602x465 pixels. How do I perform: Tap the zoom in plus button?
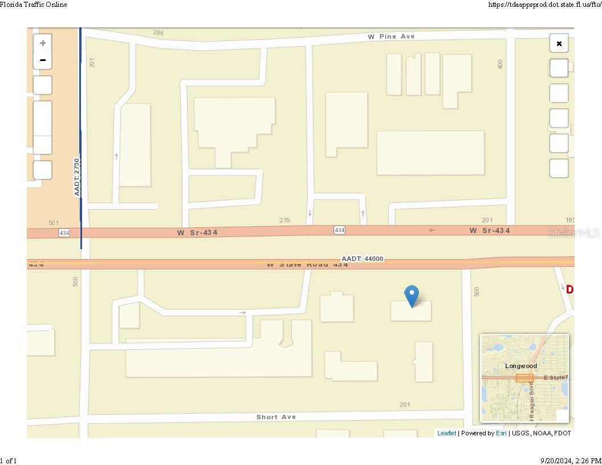43,43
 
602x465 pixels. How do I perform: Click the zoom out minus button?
43,60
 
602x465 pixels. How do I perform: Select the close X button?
559,43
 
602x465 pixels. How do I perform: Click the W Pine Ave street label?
391,36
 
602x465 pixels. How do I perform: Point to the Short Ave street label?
276,417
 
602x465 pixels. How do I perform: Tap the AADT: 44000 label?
363,259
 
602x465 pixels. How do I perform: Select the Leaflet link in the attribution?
446,433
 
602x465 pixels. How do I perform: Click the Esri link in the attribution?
501,433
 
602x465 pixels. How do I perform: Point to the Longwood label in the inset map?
520,366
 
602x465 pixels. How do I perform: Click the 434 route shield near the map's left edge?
64,233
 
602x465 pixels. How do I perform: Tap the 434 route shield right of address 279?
339,230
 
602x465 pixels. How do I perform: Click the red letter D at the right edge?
570,289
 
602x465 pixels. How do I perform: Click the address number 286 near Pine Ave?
158,33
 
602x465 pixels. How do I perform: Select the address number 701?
92,62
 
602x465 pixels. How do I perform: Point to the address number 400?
501,64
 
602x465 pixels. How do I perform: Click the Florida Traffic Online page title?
34,5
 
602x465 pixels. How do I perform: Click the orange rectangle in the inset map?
524,378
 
